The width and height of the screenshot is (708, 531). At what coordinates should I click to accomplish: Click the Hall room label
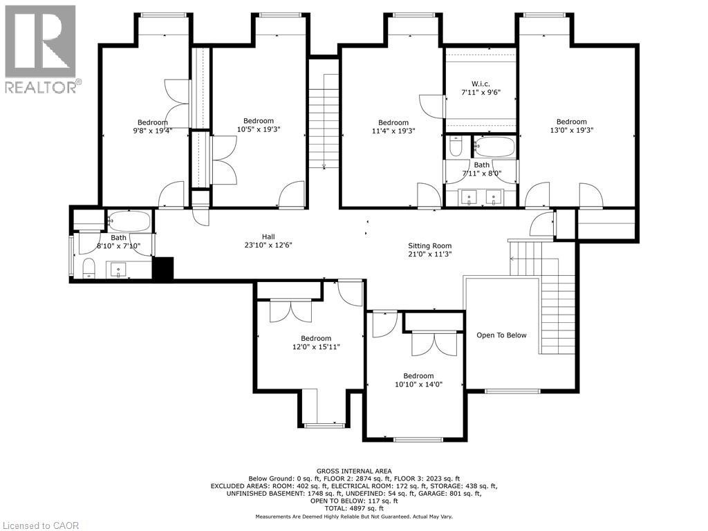(x=268, y=236)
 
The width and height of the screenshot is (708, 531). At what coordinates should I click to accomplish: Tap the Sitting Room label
(x=430, y=245)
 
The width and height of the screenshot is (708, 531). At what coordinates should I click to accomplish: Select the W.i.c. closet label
(x=481, y=84)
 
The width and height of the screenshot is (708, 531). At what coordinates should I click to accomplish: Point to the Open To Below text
(x=502, y=335)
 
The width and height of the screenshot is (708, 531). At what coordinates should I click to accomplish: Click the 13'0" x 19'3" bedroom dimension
(x=571, y=130)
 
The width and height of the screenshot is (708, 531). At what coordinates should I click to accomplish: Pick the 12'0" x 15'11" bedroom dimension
(x=316, y=347)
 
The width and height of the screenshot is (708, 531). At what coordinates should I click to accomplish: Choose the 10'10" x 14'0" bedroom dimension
(x=418, y=384)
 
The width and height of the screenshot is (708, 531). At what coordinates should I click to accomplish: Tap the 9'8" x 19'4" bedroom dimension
(x=153, y=131)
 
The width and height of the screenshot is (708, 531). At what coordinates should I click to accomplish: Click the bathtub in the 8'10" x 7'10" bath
(x=129, y=221)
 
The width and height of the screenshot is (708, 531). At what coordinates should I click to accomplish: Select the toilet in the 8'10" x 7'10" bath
(x=89, y=268)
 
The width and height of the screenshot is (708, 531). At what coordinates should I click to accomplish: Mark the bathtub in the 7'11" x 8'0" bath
(x=494, y=147)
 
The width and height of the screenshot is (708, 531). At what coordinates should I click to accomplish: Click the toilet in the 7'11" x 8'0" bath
(x=456, y=147)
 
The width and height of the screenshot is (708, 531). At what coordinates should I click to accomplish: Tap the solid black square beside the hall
(x=163, y=268)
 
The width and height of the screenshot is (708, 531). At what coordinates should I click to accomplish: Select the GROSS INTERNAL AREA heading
(x=354, y=472)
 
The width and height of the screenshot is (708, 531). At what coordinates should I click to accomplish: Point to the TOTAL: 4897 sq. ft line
(x=354, y=508)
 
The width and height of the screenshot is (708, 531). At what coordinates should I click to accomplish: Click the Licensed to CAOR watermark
(x=40, y=525)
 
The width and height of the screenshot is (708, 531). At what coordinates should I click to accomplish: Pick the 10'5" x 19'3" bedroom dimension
(x=259, y=129)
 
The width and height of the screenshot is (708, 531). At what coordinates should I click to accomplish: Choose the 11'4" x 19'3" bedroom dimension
(x=393, y=131)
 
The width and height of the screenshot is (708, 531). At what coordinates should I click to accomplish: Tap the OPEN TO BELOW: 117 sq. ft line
(x=354, y=501)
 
